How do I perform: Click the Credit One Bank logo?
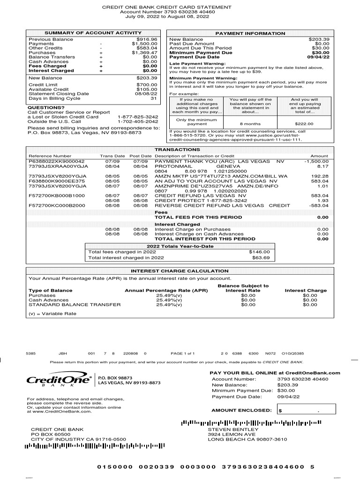[59, 381]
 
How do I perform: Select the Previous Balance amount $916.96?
[147, 39]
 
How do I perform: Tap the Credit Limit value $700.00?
[147, 85]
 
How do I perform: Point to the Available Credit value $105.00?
[147, 90]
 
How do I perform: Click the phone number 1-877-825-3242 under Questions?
[138, 117]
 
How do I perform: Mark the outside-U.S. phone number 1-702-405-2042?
[138, 121]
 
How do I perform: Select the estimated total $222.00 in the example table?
[304, 124]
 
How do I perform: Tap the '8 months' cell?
[250, 124]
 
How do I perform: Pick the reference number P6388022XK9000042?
[57, 161]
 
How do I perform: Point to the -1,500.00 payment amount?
[316, 161]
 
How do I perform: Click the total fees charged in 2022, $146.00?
[261, 252]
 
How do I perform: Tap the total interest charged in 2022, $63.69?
[261, 257]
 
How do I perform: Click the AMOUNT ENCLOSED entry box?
[305, 411]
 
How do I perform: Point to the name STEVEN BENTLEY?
[233, 429]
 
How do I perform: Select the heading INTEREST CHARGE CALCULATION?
[180, 271]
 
